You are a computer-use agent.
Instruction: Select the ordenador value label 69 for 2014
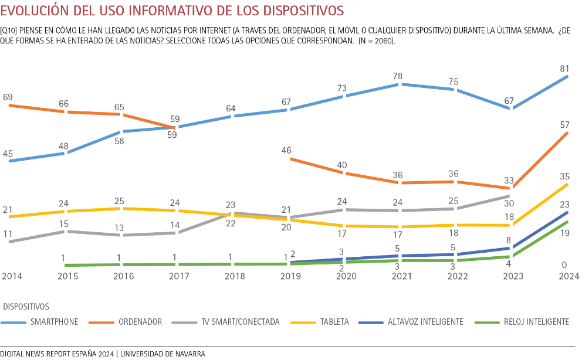pyautogui.click(x=8, y=97)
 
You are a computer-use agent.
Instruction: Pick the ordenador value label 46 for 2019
pyautogui.click(x=287, y=151)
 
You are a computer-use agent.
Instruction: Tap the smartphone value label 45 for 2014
pyautogui.click(x=8, y=154)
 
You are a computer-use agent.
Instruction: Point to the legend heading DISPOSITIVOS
pyautogui.click(x=26, y=307)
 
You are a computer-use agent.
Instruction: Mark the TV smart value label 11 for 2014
pyautogui.click(x=8, y=233)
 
